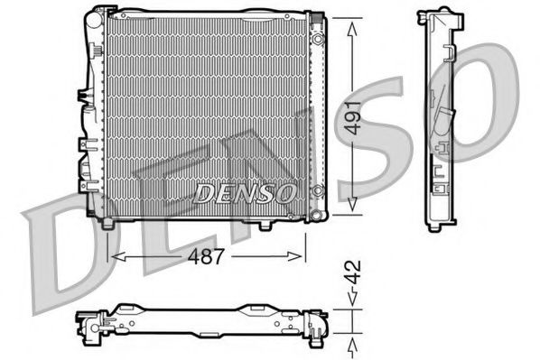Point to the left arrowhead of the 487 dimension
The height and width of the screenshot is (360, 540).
[112, 257]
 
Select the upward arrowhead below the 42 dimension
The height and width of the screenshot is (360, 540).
[349, 342]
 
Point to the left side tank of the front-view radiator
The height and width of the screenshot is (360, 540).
[92, 117]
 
